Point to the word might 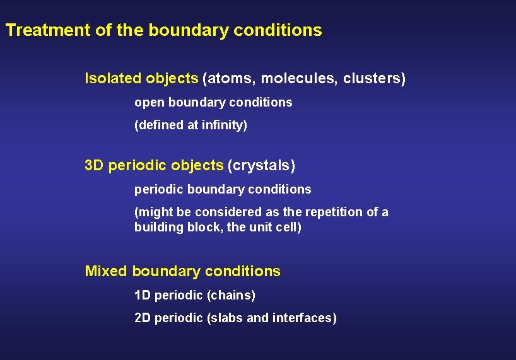153,212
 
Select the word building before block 158,227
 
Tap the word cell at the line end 288,227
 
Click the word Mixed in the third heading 106,272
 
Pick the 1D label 143,295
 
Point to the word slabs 227,318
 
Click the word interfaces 304,318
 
